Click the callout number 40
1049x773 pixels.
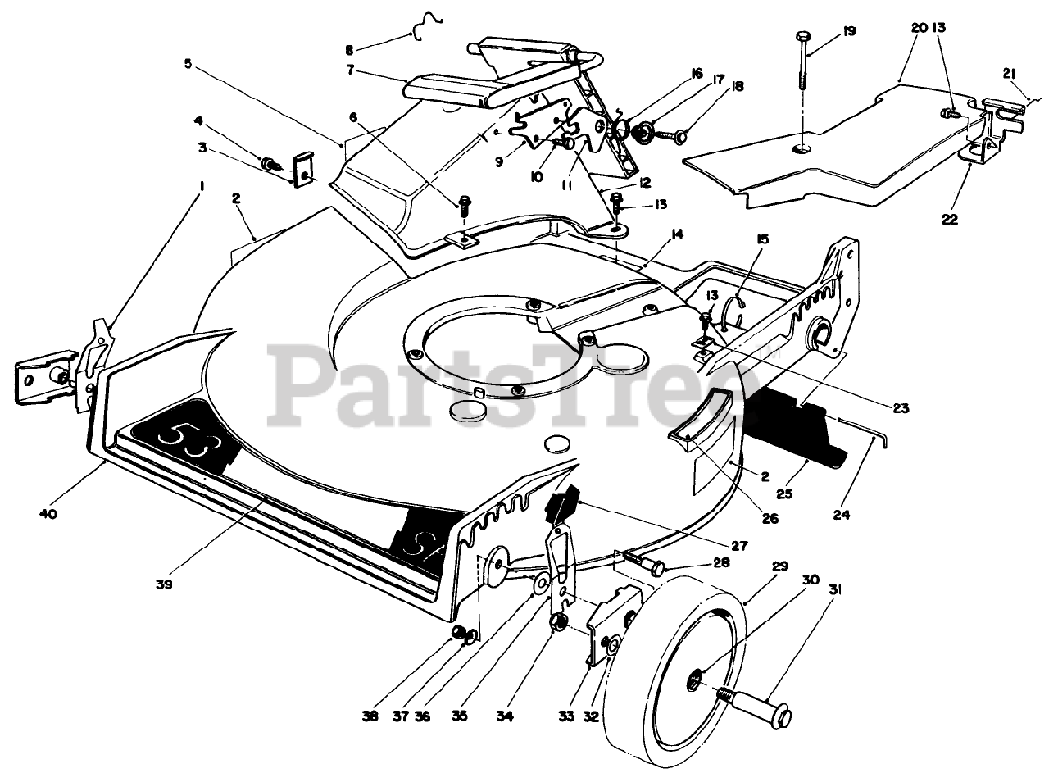click(x=47, y=513)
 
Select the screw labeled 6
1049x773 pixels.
click(x=465, y=202)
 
